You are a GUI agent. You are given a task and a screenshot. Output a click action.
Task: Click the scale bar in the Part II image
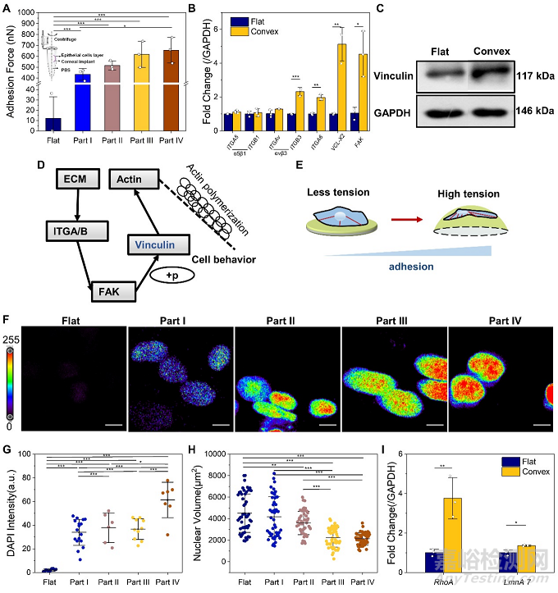pyautogui.click(x=327, y=425)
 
